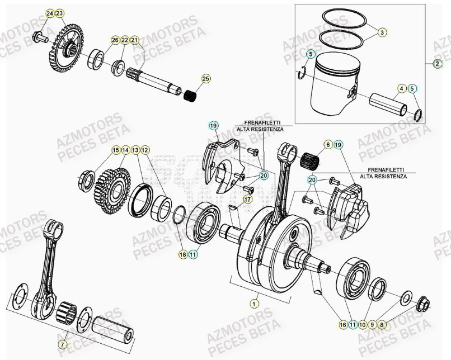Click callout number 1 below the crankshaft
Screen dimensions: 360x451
[255, 304]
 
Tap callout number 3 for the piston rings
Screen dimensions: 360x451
[382, 32]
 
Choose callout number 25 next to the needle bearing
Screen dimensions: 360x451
[206, 79]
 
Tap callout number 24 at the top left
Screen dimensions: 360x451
[50, 13]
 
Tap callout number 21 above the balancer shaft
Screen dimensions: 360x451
[134, 40]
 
